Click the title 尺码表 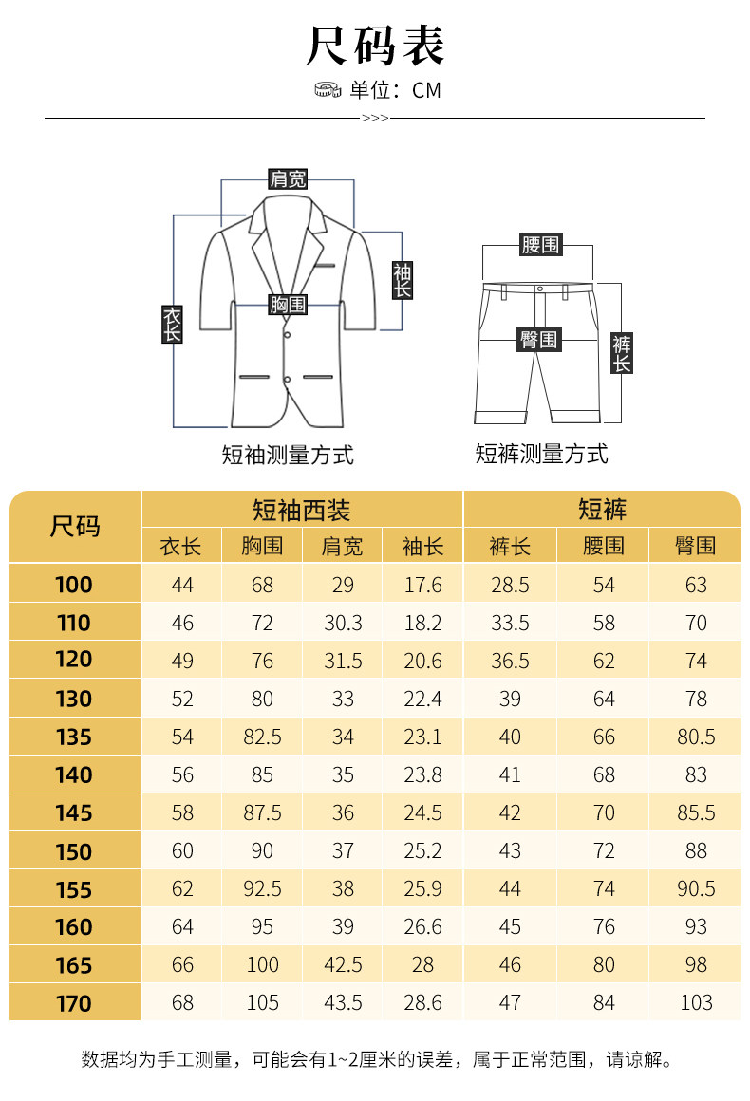pos(375,47)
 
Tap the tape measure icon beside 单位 pos(328,90)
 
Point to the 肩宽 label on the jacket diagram pos(288,178)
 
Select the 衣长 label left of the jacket pos(172,324)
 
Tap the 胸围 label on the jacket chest pos(288,304)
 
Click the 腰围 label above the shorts pos(540,245)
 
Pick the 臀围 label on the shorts pos(539,339)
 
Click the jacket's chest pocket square pos(328,265)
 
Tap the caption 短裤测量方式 pos(541,454)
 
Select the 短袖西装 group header pos(302,510)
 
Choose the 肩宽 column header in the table pos(343,546)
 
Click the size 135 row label pos(74,737)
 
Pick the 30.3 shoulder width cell pos(343,623)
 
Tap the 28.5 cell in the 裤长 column pos(510,585)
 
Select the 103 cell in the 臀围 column pos(696,1003)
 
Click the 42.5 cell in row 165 pos(343,965)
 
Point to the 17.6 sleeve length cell pos(423,585)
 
